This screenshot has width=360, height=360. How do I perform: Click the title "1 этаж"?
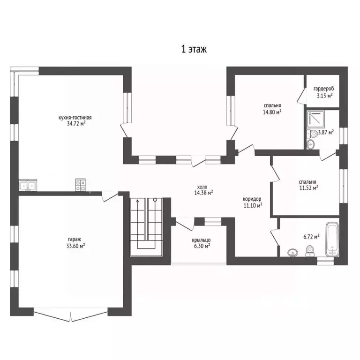(194, 49)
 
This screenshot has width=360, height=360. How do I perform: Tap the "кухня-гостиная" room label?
(75, 118)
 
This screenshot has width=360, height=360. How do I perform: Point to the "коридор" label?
(252, 199)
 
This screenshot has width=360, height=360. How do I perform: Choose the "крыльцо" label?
(201, 240)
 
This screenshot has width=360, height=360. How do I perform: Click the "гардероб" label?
(324, 89)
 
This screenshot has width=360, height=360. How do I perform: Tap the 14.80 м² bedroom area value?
(272, 112)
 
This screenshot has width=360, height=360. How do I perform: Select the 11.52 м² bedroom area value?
(308, 188)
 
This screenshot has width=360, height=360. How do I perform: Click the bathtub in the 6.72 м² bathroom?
(332, 239)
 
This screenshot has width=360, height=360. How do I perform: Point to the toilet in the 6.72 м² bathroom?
(310, 251)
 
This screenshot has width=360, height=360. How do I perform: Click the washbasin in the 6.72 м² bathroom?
(292, 253)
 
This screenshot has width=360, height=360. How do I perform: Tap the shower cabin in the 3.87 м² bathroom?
(316, 120)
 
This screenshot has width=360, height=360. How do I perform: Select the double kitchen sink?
(28, 185)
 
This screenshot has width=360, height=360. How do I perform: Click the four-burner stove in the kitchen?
(80, 185)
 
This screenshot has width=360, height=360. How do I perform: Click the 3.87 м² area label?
(326, 132)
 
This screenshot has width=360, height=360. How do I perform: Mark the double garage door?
(71, 315)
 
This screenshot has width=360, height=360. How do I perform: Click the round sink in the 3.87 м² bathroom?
(311, 144)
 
